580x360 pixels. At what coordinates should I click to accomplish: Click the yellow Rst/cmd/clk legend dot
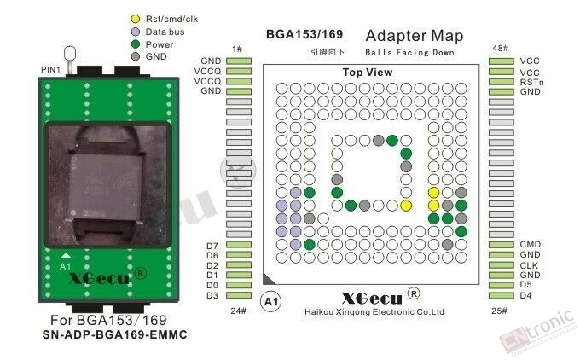point(136,19)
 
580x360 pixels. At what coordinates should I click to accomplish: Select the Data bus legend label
point(165,32)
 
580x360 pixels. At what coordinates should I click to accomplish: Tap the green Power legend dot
point(136,44)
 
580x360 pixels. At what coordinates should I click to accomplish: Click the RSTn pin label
point(531,82)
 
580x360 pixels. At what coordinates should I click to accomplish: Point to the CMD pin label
point(530,244)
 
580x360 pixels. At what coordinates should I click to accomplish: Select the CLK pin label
point(529,265)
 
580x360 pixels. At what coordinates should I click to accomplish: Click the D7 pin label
point(212,246)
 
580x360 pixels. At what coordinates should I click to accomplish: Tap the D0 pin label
point(212,285)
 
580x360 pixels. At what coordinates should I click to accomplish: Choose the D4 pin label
point(525,295)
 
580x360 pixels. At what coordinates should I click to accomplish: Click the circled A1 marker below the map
point(270,302)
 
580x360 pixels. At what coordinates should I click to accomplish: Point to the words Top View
point(368,73)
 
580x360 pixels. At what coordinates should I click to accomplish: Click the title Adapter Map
point(415,36)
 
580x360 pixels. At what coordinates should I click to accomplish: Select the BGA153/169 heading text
point(304,34)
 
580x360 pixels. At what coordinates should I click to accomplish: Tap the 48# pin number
point(500,49)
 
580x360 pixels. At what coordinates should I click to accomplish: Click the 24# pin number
point(238,311)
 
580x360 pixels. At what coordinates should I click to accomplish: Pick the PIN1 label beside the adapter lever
point(50,70)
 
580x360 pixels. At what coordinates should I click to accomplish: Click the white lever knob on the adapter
point(70,53)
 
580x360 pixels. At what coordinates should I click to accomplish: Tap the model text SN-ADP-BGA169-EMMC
point(114,335)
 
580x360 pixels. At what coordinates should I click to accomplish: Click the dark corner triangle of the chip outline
point(268,279)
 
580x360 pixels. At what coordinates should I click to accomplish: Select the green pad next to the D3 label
point(239,295)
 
